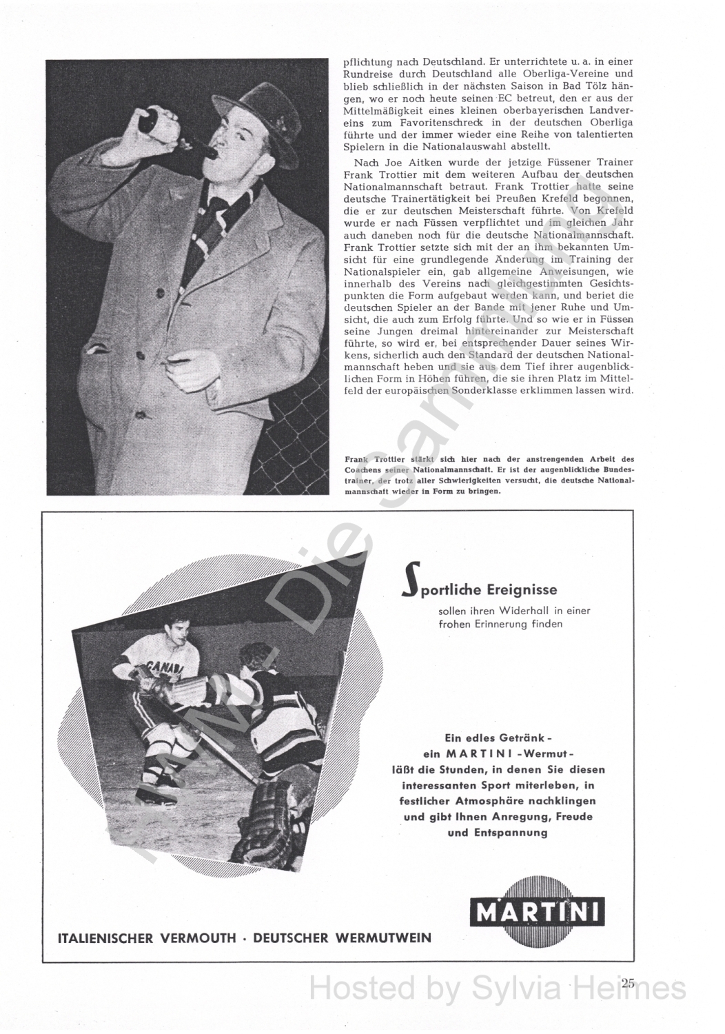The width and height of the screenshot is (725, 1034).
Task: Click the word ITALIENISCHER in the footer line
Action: pyautogui.click(x=106, y=938)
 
